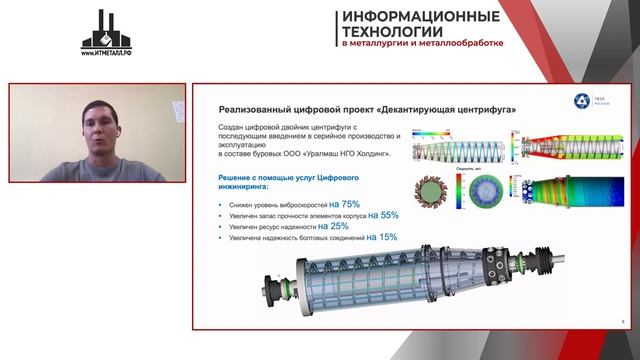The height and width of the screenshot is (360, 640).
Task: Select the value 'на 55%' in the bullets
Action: point(383,214)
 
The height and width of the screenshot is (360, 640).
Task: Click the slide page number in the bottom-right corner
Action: point(622,322)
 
